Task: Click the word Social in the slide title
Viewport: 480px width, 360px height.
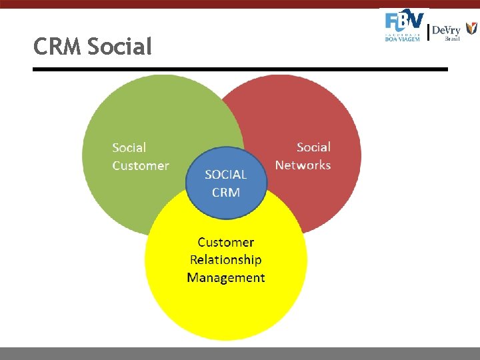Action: point(119,47)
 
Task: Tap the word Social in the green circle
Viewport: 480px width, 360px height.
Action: point(129,148)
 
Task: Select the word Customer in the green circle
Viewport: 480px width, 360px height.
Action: point(140,165)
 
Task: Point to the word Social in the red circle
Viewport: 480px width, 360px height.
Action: point(313,147)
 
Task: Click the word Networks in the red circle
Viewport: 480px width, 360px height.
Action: point(303,165)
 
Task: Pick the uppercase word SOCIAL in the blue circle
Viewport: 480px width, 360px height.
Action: point(225,175)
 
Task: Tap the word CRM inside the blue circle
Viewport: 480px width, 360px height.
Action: point(225,192)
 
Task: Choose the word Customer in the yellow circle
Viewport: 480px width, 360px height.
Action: point(225,242)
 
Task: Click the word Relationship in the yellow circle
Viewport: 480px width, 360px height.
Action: point(225,259)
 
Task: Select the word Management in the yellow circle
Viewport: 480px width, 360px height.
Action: point(225,277)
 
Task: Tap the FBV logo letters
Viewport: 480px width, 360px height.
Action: point(405,21)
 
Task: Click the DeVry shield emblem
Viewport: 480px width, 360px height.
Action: point(471,29)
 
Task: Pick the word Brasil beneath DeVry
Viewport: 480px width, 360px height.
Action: point(453,39)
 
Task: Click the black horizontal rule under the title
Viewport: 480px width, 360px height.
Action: point(240,69)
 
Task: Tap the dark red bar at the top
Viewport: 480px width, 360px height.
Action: point(240,3)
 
